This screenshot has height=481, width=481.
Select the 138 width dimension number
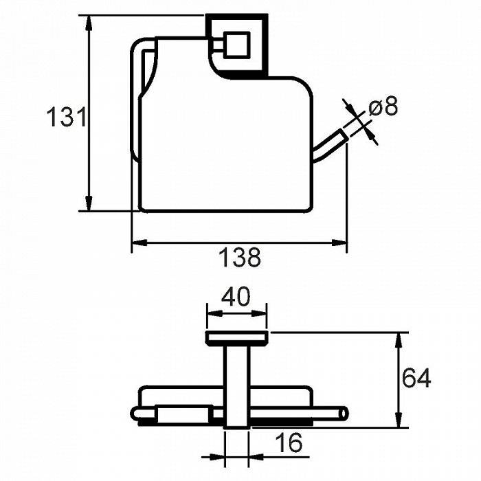click(x=240, y=257)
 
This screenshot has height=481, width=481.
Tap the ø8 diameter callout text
click(x=383, y=106)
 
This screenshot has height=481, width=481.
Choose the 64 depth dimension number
click(x=416, y=378)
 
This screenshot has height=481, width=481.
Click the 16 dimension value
click(x=289, y=443)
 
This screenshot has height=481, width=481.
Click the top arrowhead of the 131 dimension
click(x=89, y=23)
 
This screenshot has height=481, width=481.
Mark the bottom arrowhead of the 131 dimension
click(x=89, y=203)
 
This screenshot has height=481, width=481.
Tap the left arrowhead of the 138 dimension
click(x=139, y=243)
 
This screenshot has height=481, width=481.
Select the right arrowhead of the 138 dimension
click(x=339, y=243)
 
